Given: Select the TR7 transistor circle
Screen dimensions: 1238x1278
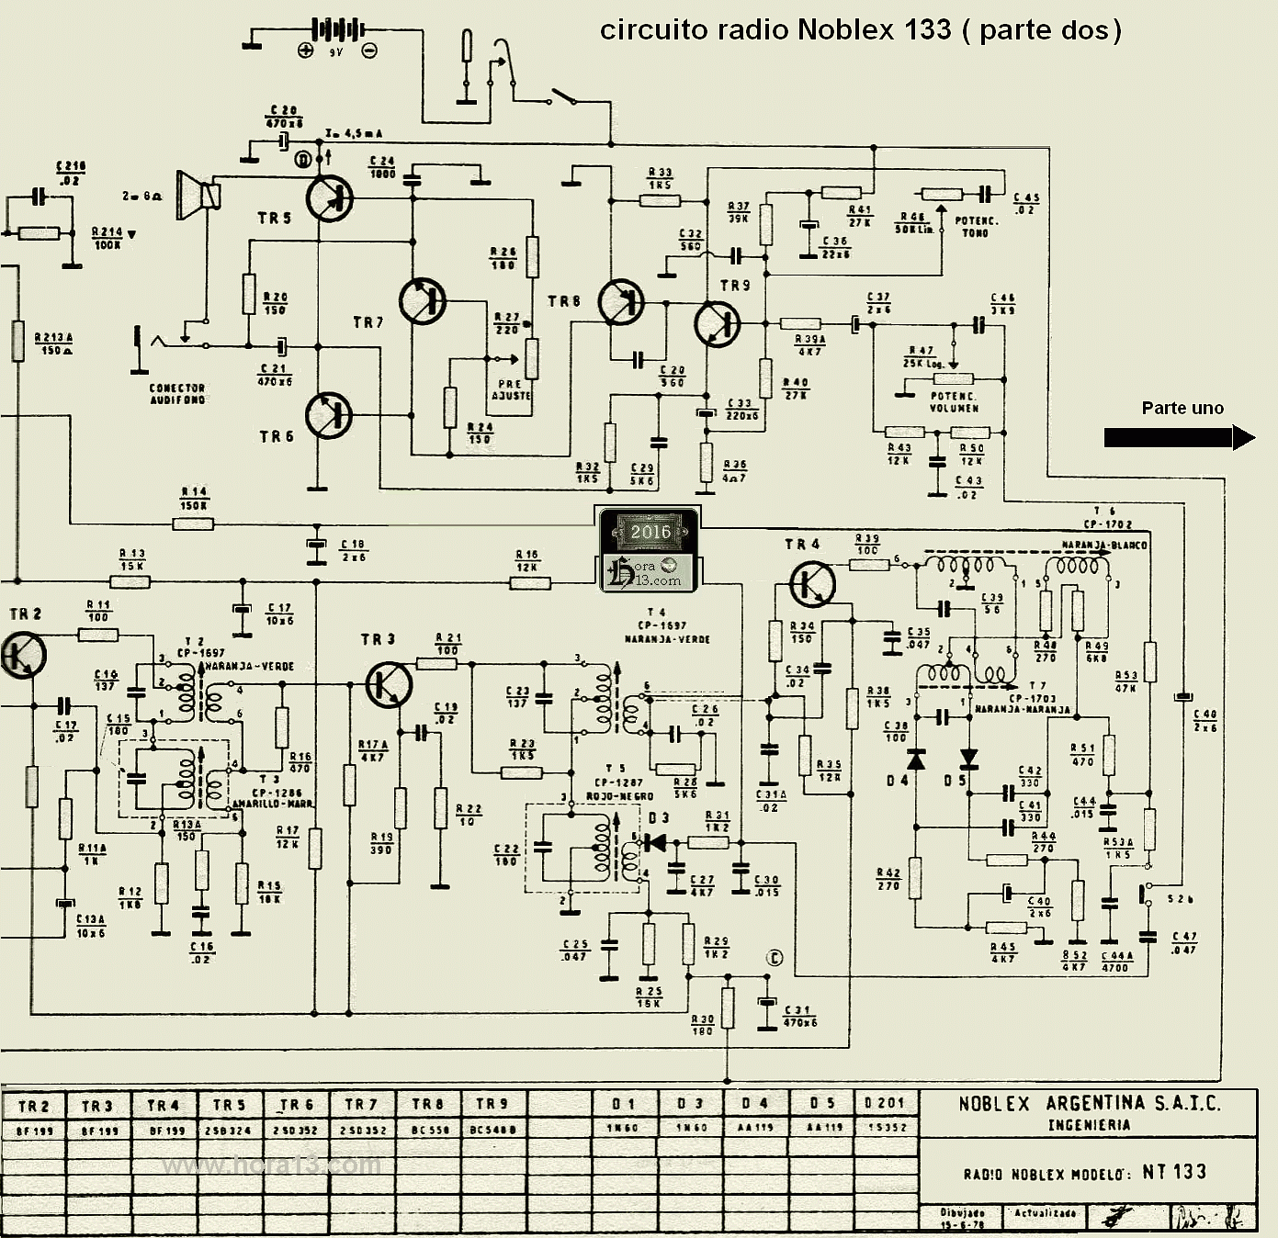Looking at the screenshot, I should coord(423,300).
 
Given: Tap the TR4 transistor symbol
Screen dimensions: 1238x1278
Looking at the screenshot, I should coord(812,584).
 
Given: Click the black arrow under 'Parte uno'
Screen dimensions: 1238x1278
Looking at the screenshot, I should coord(1179,438).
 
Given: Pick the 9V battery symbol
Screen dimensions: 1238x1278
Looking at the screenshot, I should coord(337,30).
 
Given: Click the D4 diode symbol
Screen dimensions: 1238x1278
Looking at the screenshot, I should coord(915,760).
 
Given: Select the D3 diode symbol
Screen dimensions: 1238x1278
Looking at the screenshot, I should coord(654,841).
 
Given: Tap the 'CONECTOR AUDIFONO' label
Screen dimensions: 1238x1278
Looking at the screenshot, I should coord(177,394).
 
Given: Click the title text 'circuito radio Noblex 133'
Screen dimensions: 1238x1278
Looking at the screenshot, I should coord(775,30).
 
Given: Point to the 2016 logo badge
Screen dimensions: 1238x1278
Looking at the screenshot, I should coord(649,549).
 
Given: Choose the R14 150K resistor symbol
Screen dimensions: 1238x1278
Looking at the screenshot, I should coord(193,524).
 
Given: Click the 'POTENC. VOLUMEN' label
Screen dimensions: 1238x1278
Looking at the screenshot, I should coord(954,402).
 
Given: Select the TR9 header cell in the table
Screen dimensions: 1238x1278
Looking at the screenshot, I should coord(492,1104).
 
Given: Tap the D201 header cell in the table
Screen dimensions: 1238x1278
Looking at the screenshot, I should coord(885,1103).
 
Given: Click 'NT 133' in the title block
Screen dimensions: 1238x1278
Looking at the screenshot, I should coord(1173,1172).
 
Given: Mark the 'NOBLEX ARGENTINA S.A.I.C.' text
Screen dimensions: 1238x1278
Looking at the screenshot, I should coord(1090,1103).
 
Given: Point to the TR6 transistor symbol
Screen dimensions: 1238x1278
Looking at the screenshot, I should coord(328,414).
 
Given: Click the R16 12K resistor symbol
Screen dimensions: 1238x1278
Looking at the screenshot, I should coord(530,582).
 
